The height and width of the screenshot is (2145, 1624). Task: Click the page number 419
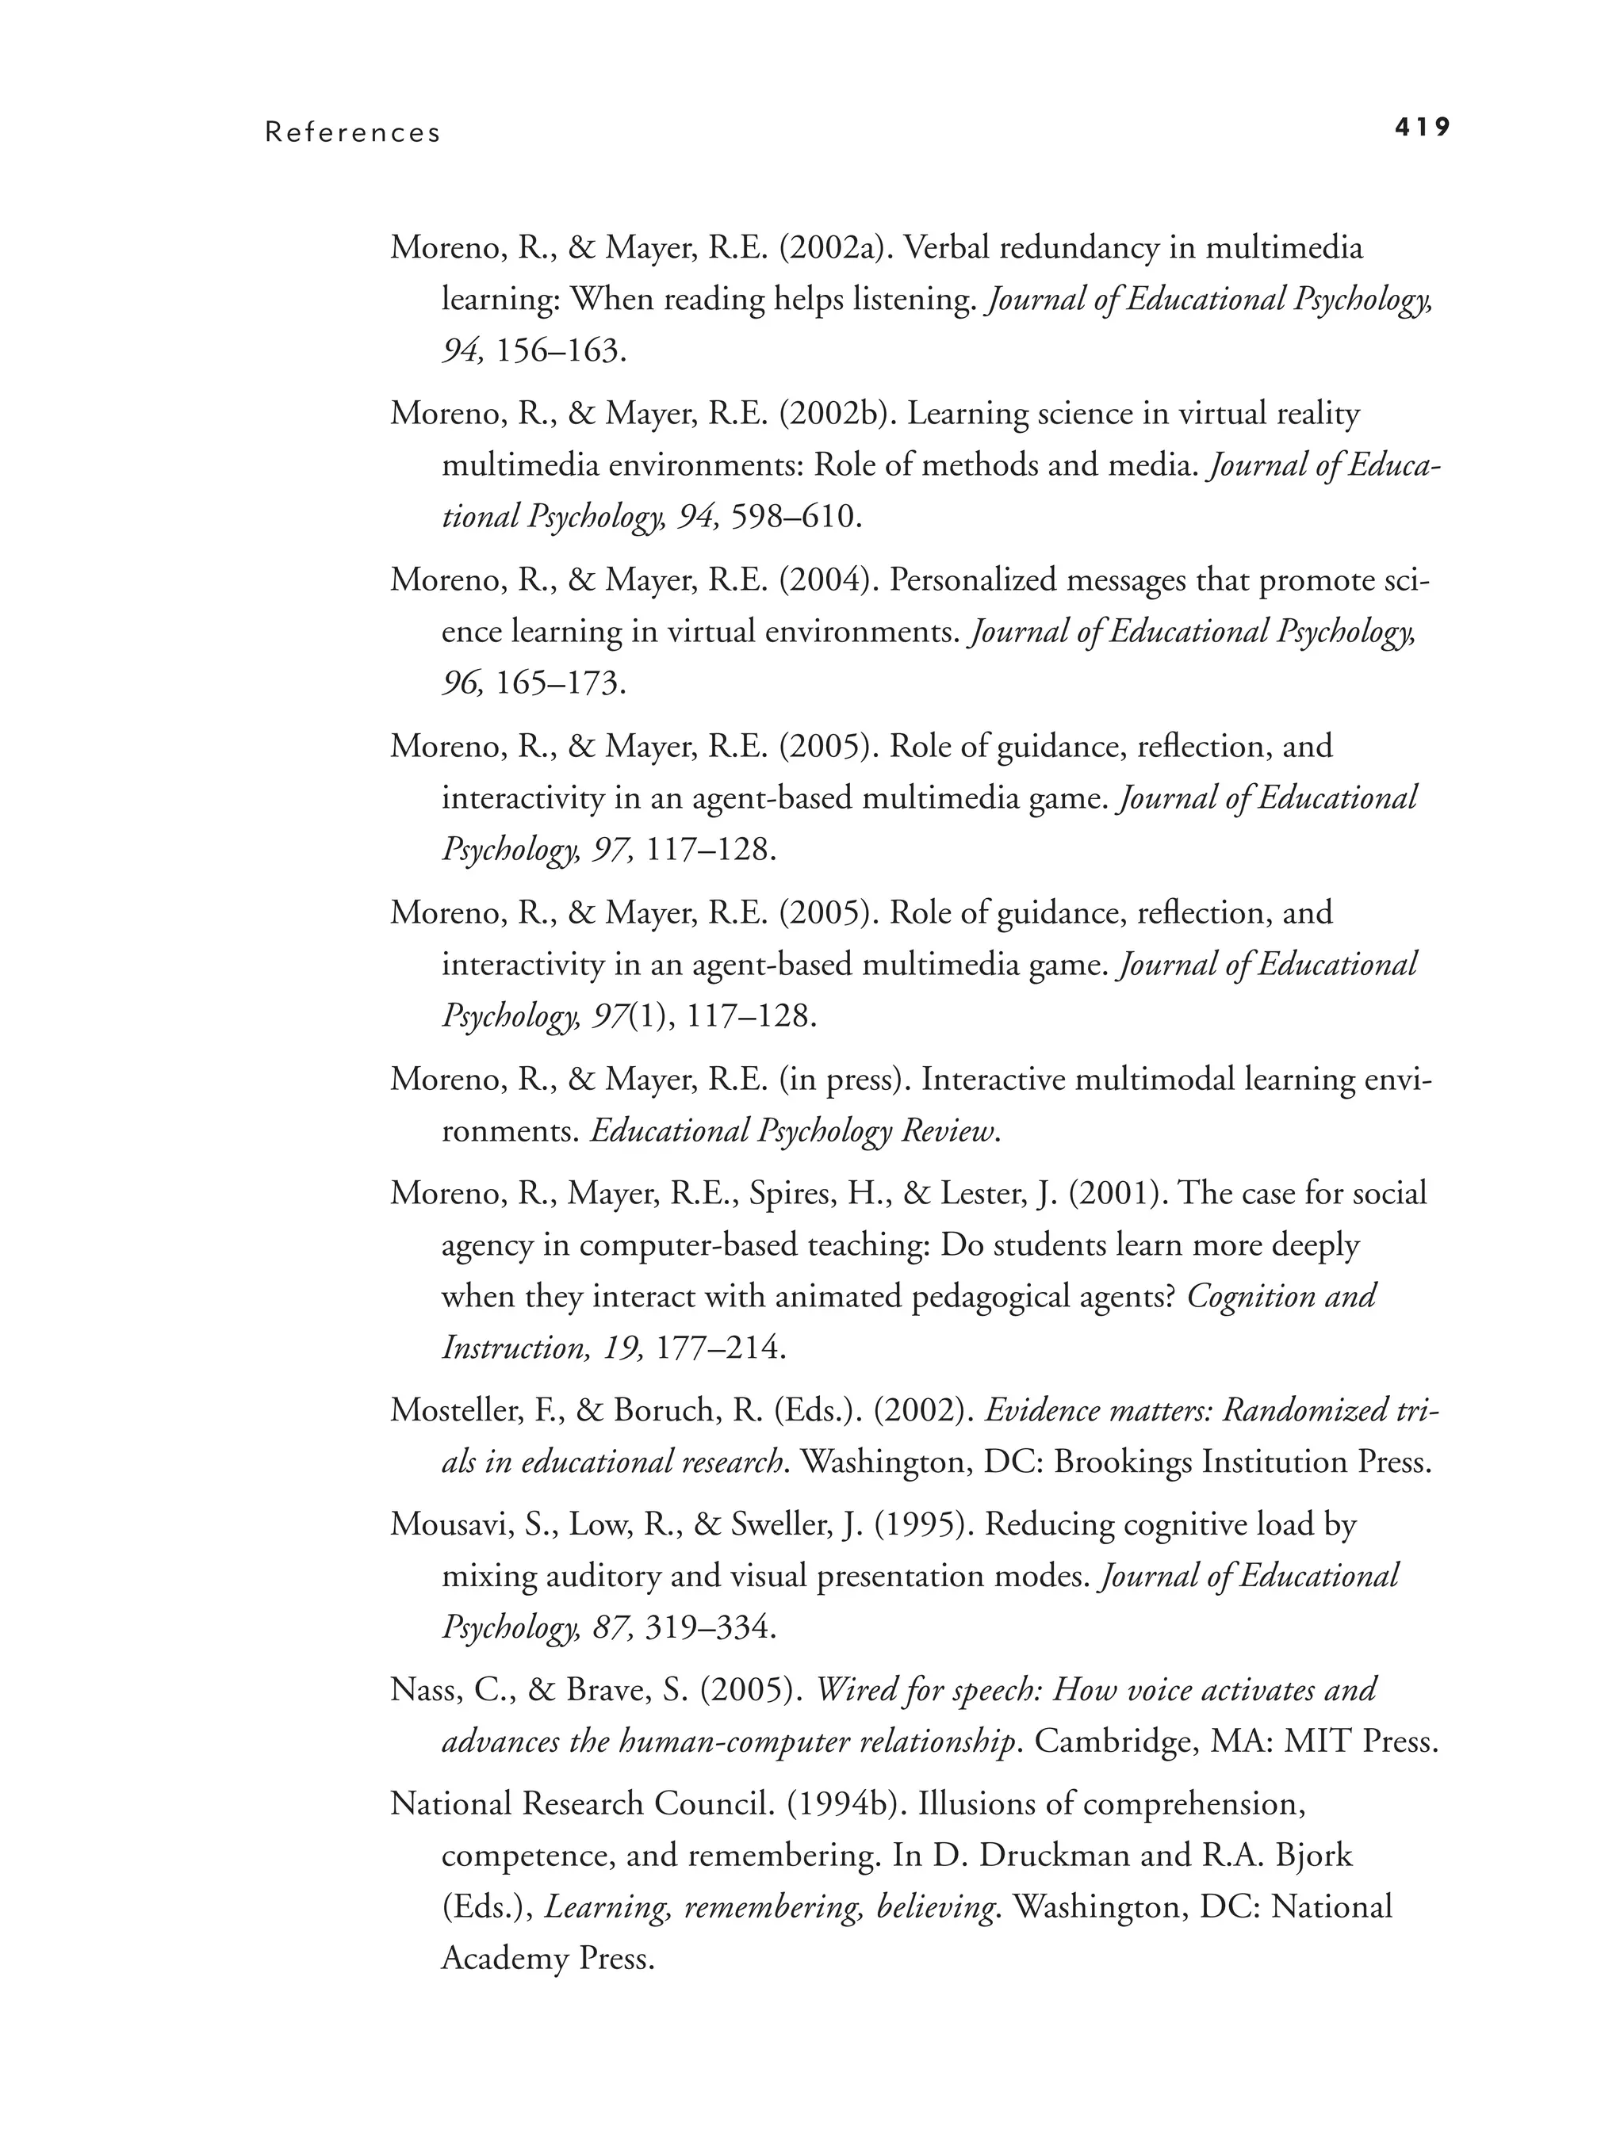click(1423, 127)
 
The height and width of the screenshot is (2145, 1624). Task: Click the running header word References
click(353, 133)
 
